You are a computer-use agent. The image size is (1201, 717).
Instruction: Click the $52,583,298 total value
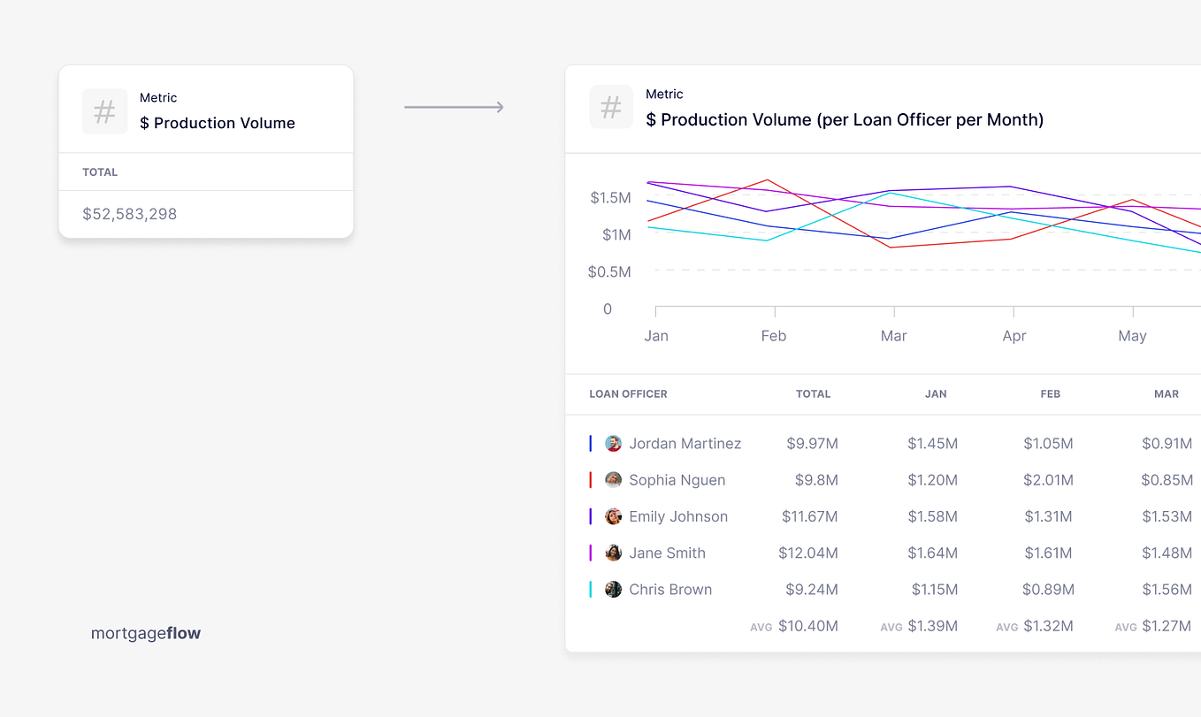[130, 214]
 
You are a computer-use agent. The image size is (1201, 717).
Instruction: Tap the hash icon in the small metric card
[104, 111]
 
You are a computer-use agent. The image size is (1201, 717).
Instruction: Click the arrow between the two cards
[454, 108]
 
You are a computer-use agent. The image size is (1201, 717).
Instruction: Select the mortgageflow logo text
[146, 633]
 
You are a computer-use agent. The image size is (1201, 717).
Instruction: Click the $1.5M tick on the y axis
[610, 198]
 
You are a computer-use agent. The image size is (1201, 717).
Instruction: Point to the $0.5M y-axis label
[609, 272]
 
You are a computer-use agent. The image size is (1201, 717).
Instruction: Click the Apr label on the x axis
[1014, 336]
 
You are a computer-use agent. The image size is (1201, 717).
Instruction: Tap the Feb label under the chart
[773, 336]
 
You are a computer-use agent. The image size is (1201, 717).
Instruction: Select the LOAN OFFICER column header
[628, 394]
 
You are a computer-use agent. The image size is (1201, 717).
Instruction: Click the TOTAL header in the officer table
[813, 394]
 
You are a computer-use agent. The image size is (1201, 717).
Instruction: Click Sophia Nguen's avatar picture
[613, 480]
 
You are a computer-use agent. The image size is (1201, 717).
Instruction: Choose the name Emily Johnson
[678, 516]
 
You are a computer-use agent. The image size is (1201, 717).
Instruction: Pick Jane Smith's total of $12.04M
[807, 553]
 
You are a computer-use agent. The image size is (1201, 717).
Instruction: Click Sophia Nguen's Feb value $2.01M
[1048, 480]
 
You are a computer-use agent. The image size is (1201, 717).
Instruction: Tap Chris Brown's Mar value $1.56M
[1167, 590]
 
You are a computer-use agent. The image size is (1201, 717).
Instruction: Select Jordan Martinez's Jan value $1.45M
[932, 444]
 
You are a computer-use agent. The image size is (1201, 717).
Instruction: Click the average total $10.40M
[807, 626]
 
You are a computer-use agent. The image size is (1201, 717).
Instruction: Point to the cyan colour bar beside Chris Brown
[591, 590]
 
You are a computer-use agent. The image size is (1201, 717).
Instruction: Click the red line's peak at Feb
[768, 180]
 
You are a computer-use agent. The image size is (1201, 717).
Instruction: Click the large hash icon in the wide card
[611, 108]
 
